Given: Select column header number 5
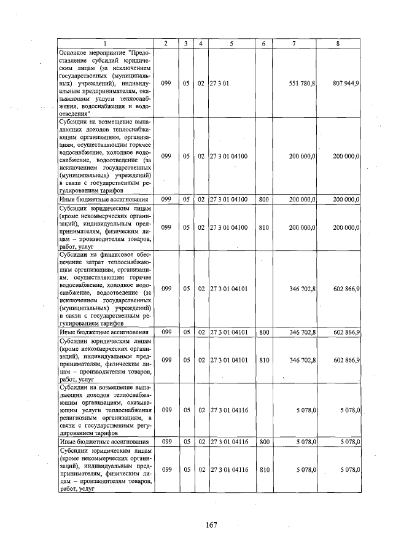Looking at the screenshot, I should pyautogui.click(x=231, y=43).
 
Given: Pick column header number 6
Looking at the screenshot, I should pyautogui.click(x=263, y=43).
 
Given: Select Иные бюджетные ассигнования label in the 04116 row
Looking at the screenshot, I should pyautogui.click(x=103, y=442).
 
